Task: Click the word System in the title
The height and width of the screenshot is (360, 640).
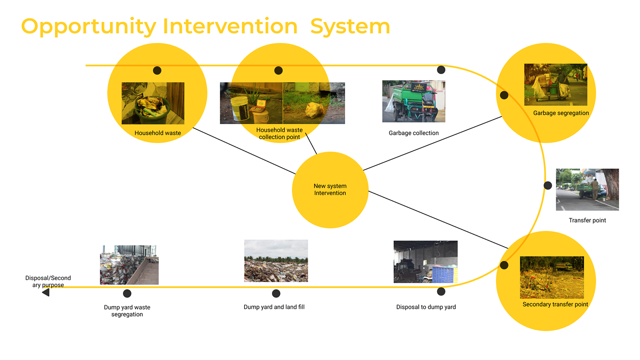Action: (x=350, y=26)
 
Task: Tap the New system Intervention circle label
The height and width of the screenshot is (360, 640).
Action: (x=330, y=190)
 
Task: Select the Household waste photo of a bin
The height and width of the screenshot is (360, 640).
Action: (x=153, y=103)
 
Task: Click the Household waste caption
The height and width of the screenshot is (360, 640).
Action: (x=158, y=133)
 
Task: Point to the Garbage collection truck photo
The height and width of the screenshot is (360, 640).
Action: (x=414, y=101)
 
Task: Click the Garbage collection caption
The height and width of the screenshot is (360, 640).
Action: (x=414, y=133)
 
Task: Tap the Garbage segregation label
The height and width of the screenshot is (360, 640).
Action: (x=561, y=113)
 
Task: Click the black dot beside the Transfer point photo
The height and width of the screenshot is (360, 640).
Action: (x=548, y=185)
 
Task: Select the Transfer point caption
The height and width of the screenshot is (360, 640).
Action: (x=587, y=221)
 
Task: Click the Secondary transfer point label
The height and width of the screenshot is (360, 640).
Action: (x=555, y=305)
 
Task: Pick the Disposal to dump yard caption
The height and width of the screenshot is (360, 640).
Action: (x=426, y=307)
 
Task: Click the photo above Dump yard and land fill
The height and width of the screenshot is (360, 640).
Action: (x=276, y=261)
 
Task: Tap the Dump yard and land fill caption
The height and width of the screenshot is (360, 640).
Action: (x=274, y=307)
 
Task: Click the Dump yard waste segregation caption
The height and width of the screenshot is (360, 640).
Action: (x=127, y=311)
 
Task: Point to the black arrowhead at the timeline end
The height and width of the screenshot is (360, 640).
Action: (x=46, y=292)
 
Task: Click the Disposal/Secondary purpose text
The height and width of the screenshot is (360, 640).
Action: (x=48, y=281)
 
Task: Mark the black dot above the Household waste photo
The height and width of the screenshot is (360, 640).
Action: (x=157, y=70)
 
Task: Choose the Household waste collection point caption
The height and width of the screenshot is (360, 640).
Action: (x=279, y=134)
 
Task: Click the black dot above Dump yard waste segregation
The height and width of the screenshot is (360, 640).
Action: (x=127, y=294)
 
